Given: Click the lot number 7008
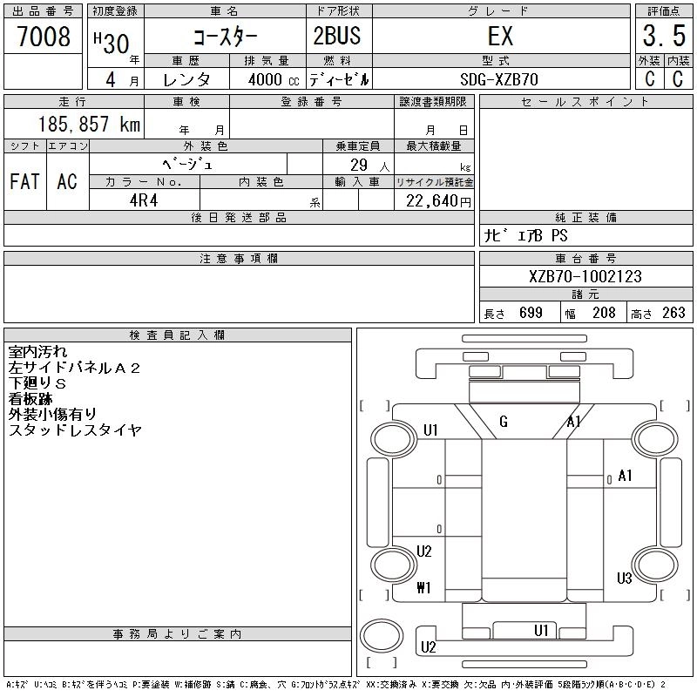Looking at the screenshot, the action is (x=43, y=37).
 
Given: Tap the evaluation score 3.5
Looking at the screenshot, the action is (x=663, y=37).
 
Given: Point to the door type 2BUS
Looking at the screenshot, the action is (x=337, y=37).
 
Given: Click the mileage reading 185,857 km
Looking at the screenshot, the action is (x=89, y=124).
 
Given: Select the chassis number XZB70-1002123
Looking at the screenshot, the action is (x=585, y=276).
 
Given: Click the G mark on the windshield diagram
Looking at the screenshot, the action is (x=504, y=423).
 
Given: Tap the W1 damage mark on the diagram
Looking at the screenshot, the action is (x=424, y=587).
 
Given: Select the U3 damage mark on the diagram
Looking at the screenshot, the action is (x=624, y=578).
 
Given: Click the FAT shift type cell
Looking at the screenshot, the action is (x=24, y=181).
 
